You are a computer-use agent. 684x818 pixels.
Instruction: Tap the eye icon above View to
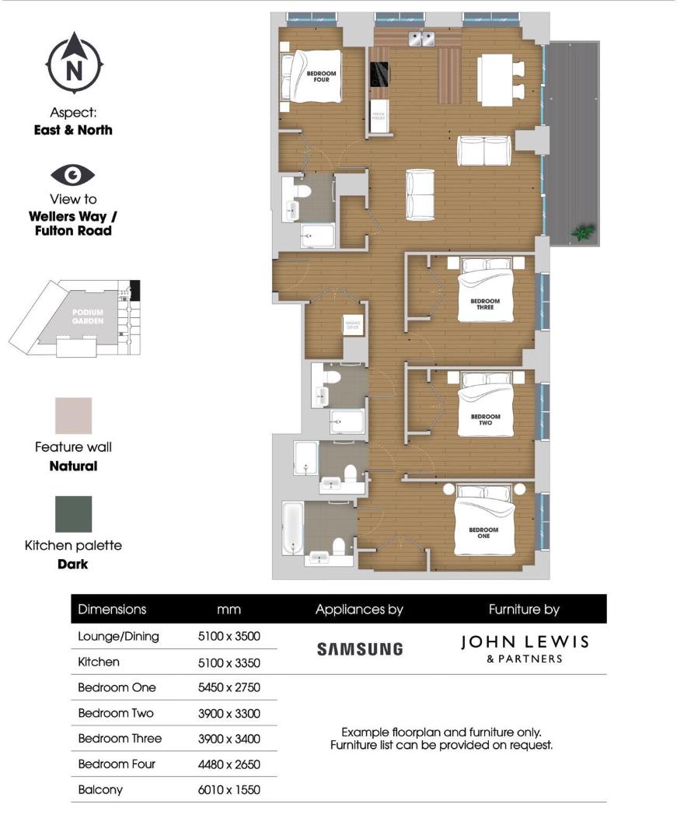(x=73, y=174)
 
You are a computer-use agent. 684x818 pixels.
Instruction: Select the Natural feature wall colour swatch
(x=73, y=416)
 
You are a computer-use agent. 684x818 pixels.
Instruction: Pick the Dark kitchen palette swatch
(x=73, y=514)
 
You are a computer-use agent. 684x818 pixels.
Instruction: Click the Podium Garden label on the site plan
(x=88, y=317)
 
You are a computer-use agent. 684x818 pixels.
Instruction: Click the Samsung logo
(x=360, y=648)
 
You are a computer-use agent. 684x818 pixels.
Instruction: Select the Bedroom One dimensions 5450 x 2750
(x=229, y=688)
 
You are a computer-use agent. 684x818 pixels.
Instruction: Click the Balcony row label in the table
(x=100, y=790)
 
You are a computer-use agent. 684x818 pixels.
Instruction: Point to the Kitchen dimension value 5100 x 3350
(x=229, y=662)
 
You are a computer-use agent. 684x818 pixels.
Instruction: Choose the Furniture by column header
(x=524, y=610)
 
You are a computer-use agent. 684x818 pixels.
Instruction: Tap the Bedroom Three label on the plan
(x=486, y=304)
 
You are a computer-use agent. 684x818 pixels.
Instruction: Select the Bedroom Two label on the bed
(x=486, y=419)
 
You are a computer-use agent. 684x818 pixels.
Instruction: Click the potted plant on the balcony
(x=582, y=232)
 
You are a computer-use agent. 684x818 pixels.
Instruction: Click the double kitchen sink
(x=421, y=39)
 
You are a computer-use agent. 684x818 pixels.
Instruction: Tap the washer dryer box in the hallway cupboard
(x=354, y=325)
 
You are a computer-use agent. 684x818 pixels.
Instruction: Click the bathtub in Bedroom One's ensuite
(x=292, y=528)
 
